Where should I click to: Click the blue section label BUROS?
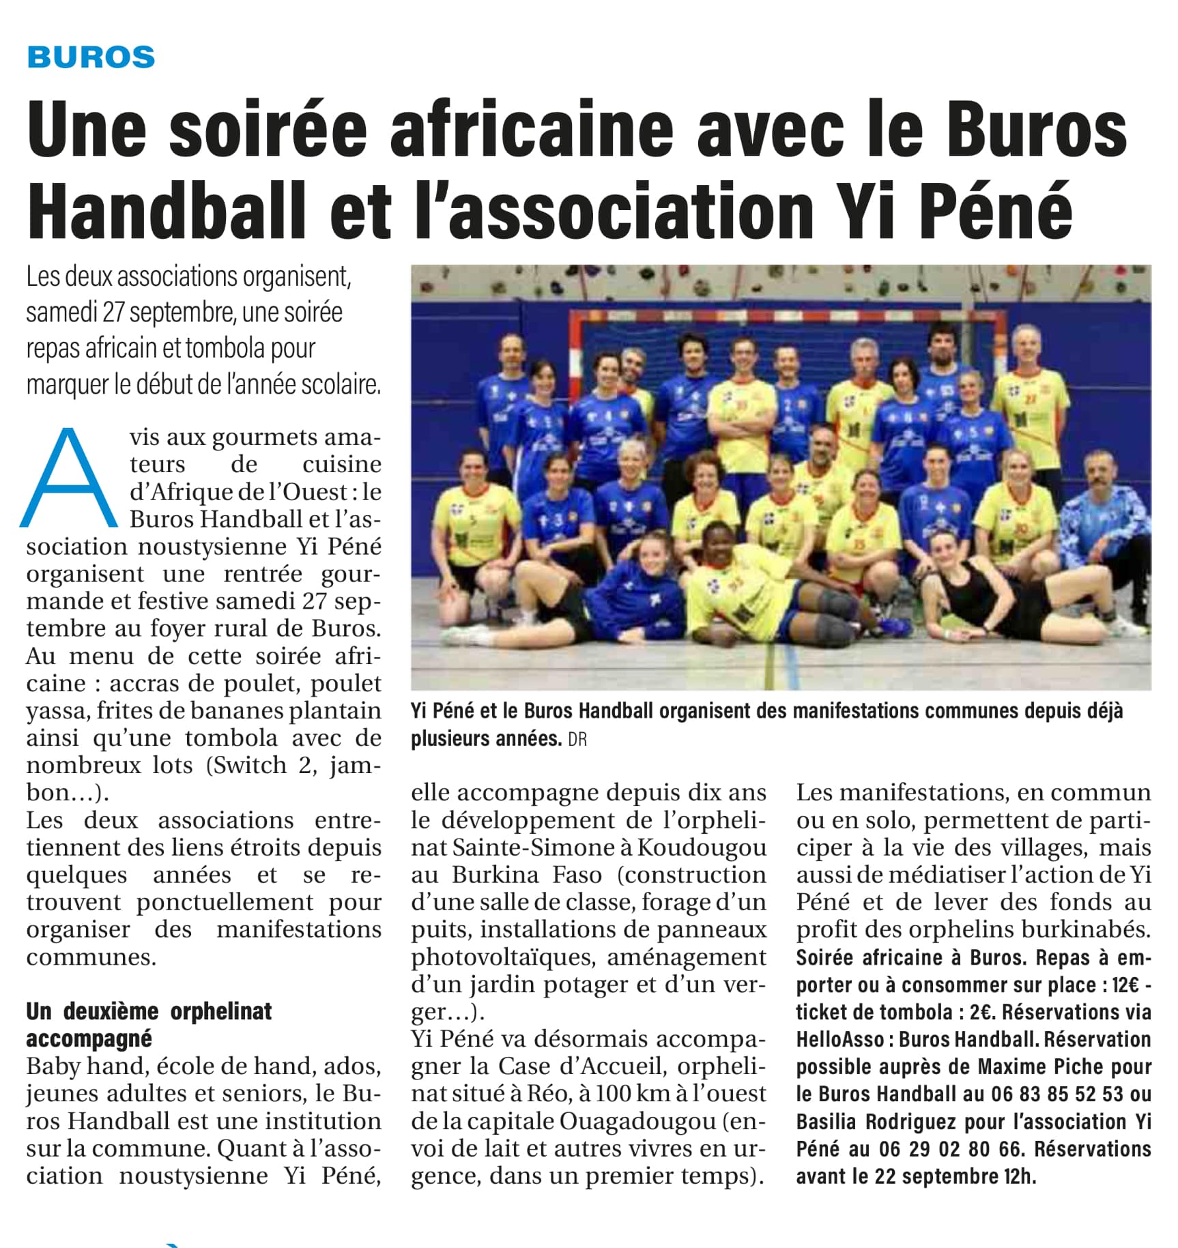click(x=91, y=57)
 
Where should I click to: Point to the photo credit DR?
click(x=577, y=740)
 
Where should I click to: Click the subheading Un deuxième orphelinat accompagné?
click(x=149, y=1025)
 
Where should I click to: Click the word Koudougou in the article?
click(x=702, y=847)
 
